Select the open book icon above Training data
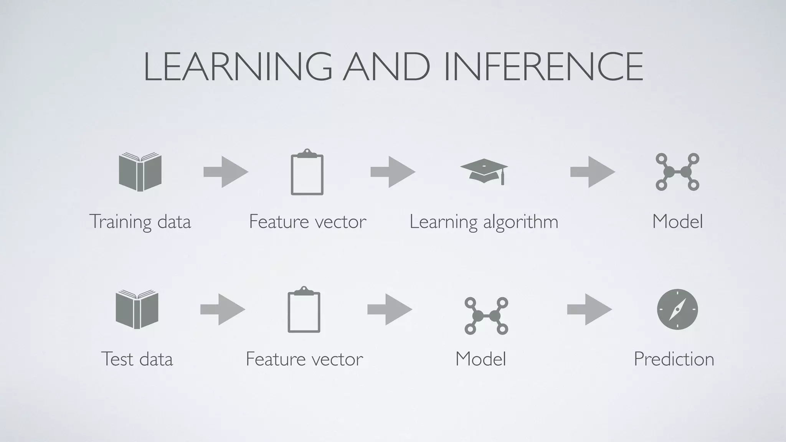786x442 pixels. coord(140,172)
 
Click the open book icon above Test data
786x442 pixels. coord(137,309)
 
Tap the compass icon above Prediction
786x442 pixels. coord(677,309)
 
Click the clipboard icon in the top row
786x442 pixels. coord(307,172)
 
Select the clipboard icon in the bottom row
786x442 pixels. coord(304,310)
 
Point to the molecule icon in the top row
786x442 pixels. coord(677,172)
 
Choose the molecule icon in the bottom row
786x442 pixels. coord(486,315)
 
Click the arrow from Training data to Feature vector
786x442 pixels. coord(226,172)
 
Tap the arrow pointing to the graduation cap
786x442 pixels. coord(393,172)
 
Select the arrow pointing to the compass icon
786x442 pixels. coord(589,309)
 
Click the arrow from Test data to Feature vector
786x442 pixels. coord(223,309)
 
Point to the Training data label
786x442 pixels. coord(140,222)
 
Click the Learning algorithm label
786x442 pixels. coord(484,222)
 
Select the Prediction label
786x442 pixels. coord(674,359)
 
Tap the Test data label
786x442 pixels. coord(137,359)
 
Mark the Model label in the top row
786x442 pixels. coord(678,222)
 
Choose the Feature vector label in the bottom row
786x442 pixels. coord(304,359)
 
